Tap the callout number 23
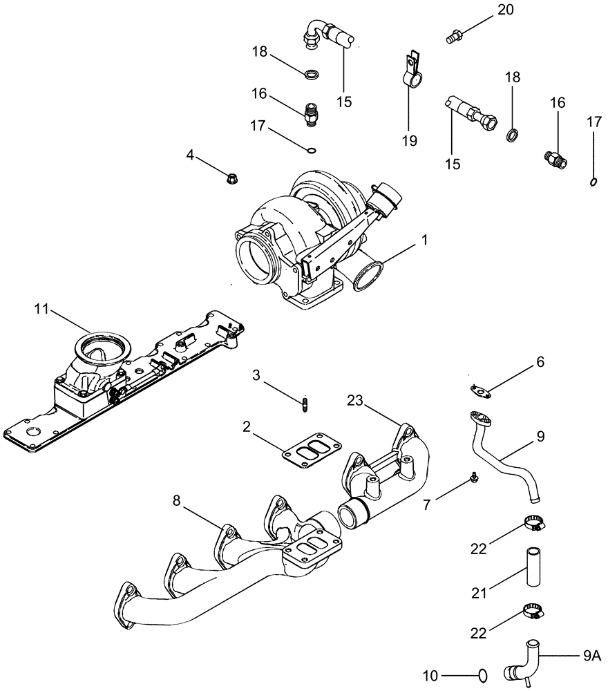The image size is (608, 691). pyautogui.click(x=355, y=400)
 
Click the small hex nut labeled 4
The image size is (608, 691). pyautogui.click(x=233, y=178)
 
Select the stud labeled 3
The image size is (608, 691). pyautogui.click(x=304, y=404)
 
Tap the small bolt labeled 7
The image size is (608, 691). pyautogui.click(x=475, y=475)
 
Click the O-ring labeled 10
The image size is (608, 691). pyautogui.click(x=482, y=674)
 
